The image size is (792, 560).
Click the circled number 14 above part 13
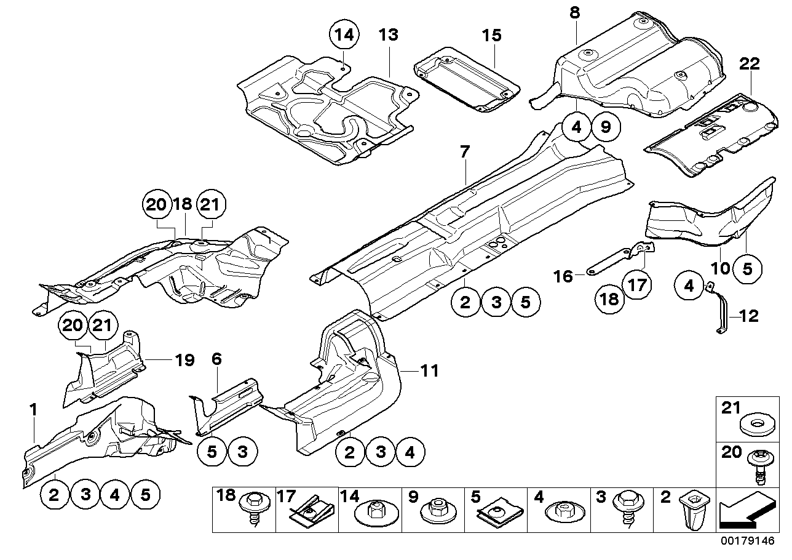346,35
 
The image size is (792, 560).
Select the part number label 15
491,36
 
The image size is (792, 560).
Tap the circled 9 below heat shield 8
605,127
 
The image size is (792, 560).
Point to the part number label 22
750,64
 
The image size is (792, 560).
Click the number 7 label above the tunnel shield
464,150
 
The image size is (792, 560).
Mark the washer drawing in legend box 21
753,425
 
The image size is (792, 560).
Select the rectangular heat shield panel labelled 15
464,80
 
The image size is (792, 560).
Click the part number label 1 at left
34,408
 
